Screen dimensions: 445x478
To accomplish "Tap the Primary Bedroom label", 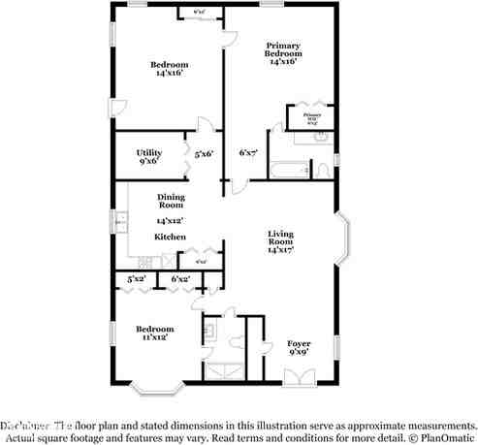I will coord(282,53).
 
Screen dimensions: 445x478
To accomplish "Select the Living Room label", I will coord(281,239).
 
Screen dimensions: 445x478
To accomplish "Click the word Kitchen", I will coord(170,237).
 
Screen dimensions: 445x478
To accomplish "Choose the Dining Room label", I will coord(171,201).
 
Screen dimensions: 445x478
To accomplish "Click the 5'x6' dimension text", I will coord(204,153).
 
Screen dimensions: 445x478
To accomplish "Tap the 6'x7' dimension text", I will coord(248,153).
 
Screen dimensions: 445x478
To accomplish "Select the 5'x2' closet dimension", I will coord(135,279).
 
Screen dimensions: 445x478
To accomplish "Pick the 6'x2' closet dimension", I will coord(179,279).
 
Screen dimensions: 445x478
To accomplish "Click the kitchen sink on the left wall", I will coord(121,224).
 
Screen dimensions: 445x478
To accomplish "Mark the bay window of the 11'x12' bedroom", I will coord(158,387).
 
